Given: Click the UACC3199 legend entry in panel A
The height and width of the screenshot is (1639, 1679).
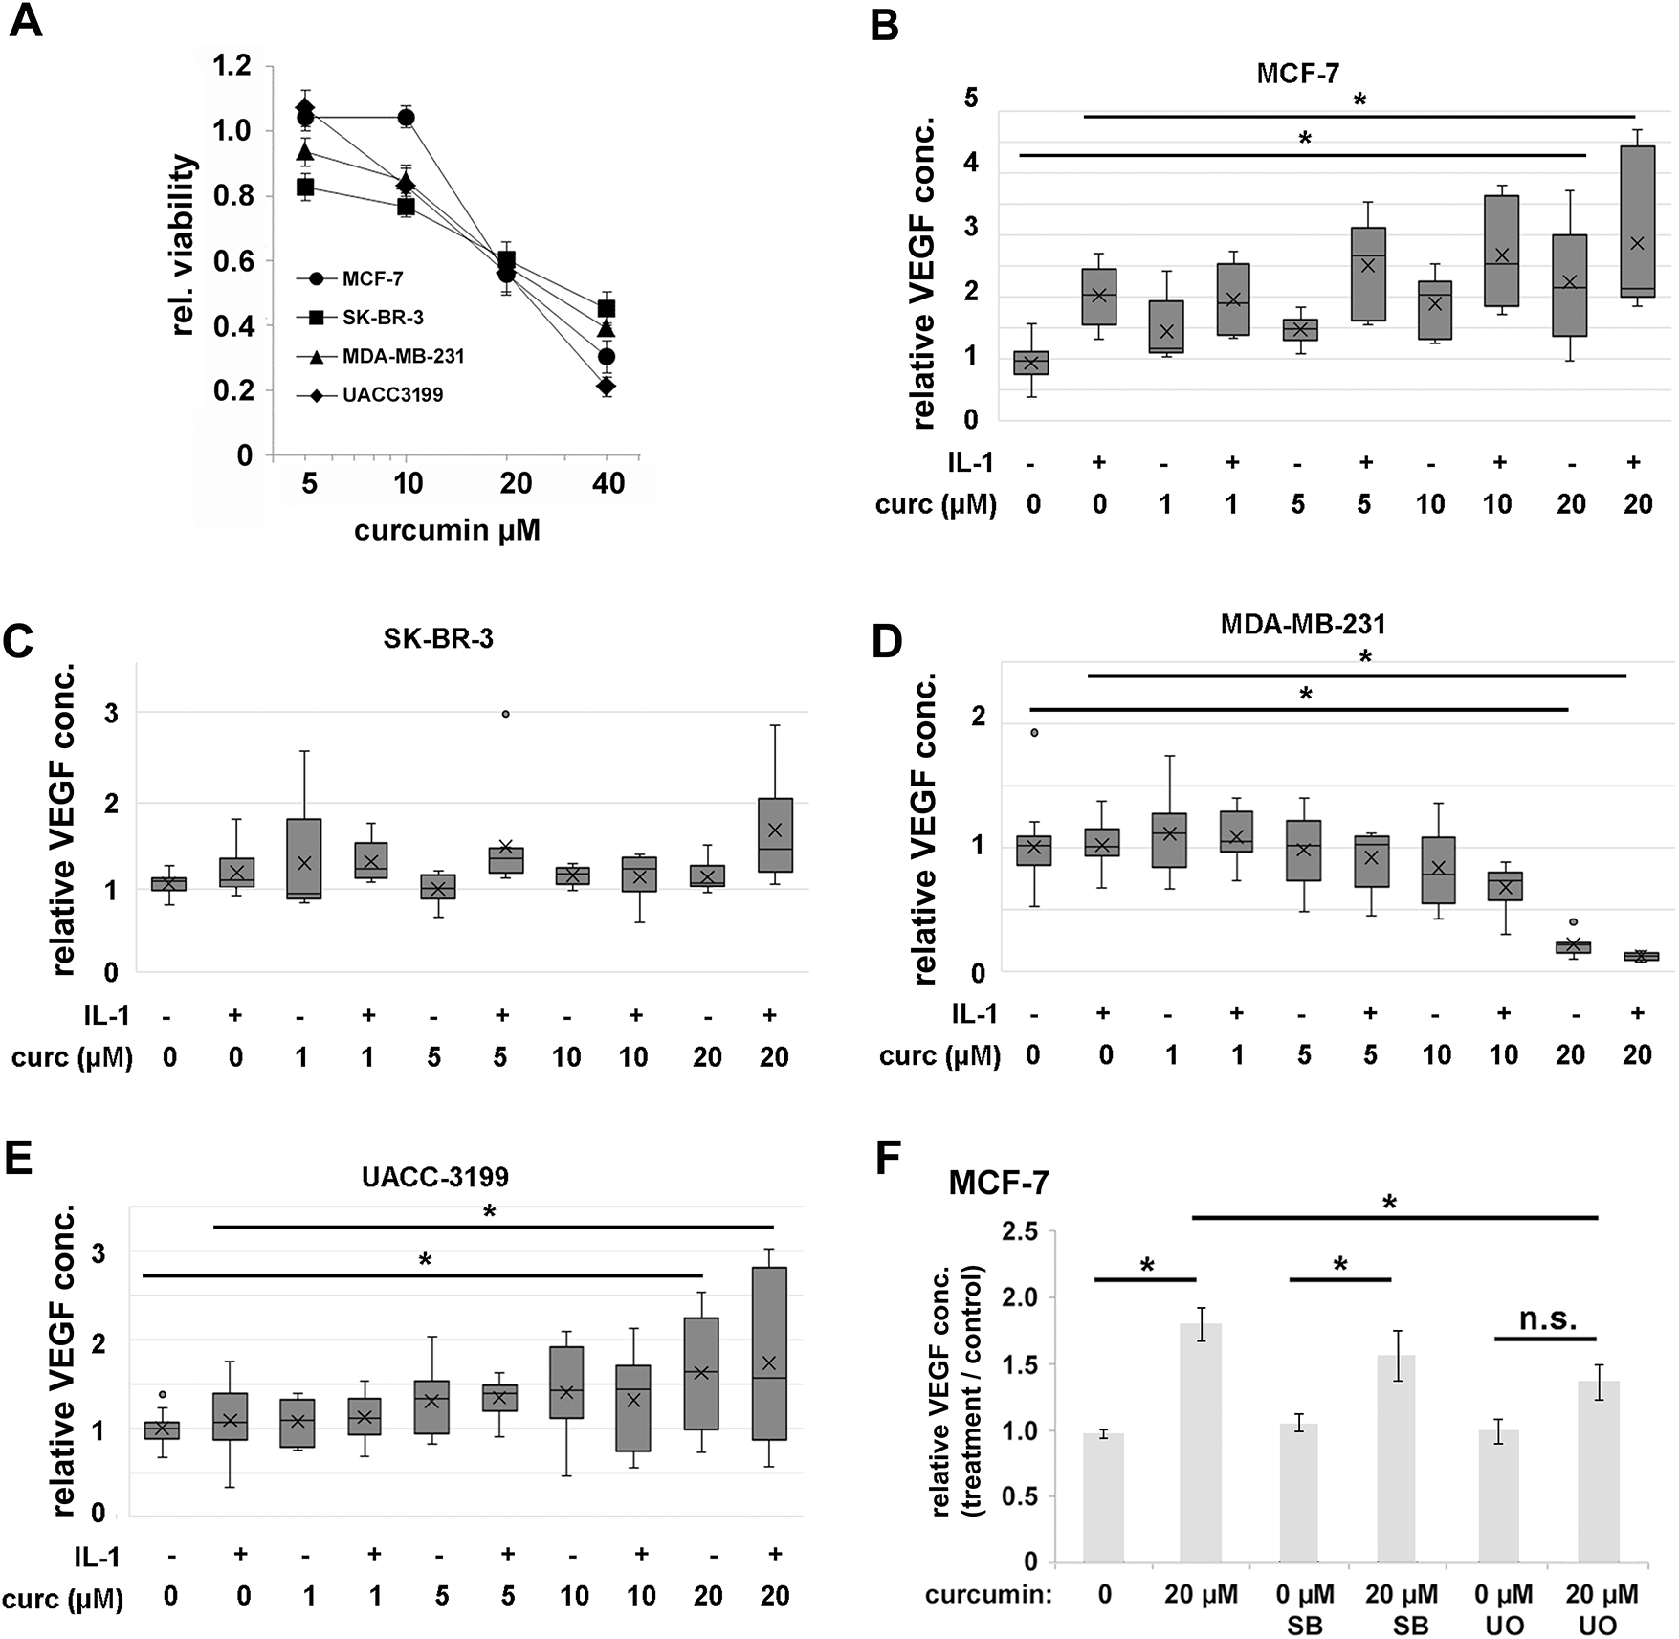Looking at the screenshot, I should pyautogui.click(x=392, y=395).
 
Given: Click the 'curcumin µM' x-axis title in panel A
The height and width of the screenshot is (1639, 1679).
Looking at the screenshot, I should pyautogui.click(x=447, y=529).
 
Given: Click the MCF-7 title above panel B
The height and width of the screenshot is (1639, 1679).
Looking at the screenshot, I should pyautogui.click(x=1297, y=74).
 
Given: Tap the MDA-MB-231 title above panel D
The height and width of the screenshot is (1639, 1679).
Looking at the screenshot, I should pyautogui.click(x=1302, y=625).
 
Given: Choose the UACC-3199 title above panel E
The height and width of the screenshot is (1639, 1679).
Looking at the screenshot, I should pyautogui.click(x=434, y=1176).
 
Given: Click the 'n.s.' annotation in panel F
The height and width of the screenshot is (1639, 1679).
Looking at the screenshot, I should pyautogui.click(x=1547, y=1319).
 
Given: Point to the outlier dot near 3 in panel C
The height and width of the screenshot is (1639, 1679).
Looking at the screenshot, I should pyautogui.click(x=506, y=714).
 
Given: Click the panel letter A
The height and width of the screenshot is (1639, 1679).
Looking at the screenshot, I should pyautogui.click(x=26, y=20).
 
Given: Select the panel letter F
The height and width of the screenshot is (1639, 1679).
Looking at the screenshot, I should pyautogui.click(x=890, y=1160).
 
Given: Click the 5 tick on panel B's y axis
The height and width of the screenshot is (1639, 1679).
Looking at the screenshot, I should pyautogui.click(x=971, y=100).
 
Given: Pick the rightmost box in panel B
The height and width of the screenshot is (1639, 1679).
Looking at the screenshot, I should pyautogui.click(x=1639, y=222).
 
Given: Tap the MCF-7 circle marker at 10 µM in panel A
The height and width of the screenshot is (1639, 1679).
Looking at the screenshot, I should pyautogui.click(x=406, y=118).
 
